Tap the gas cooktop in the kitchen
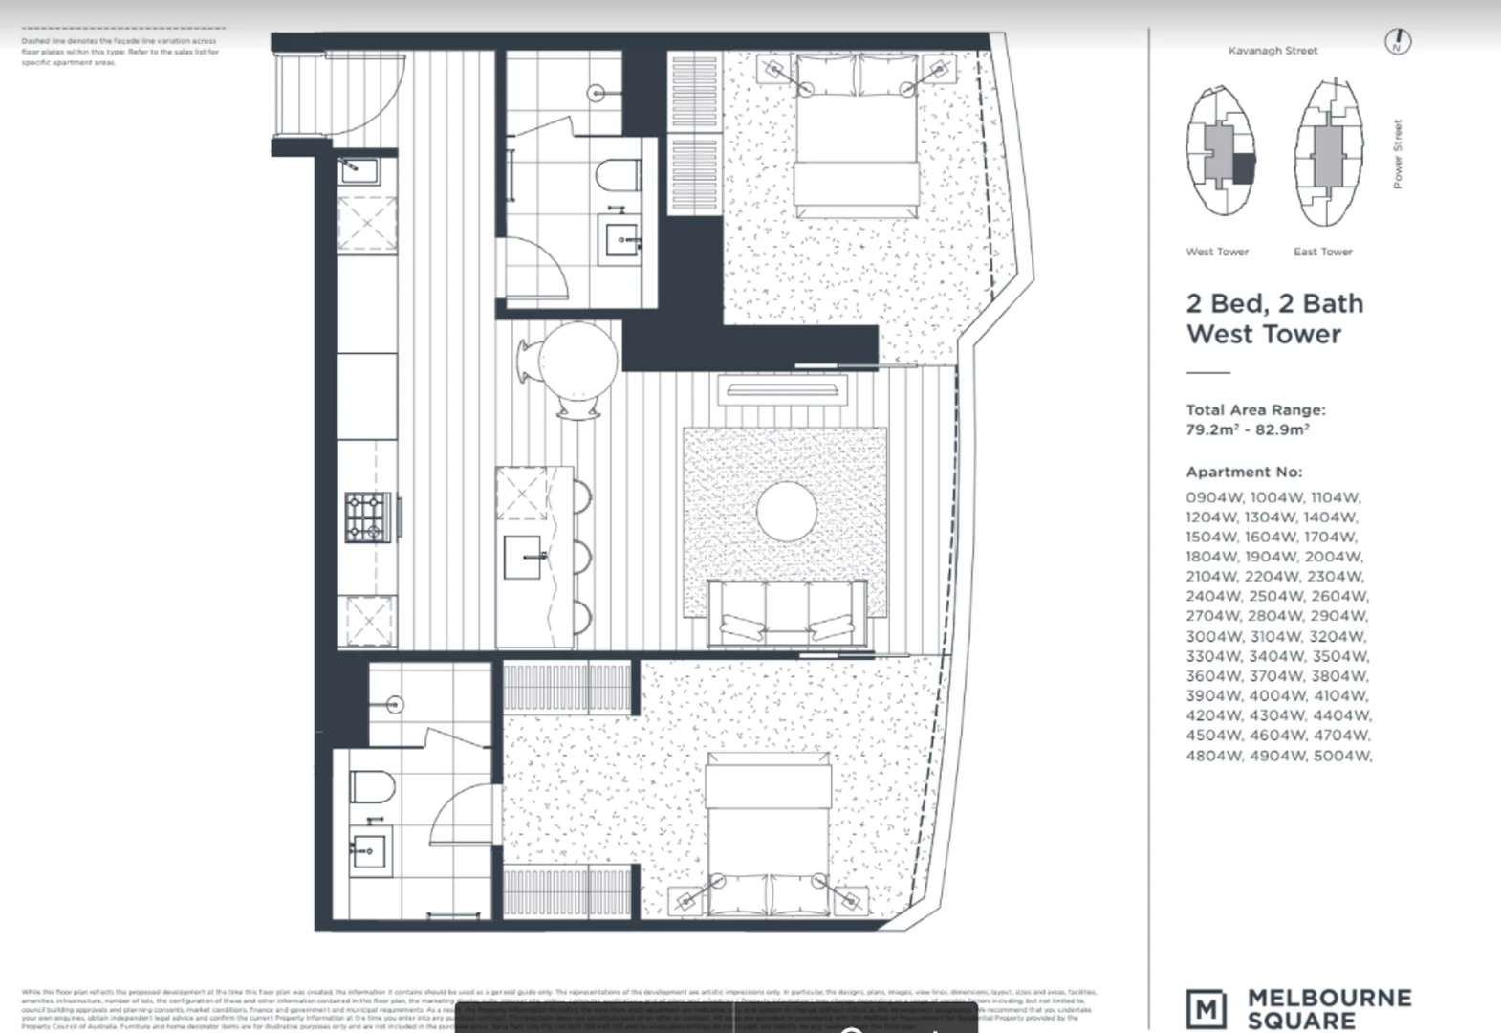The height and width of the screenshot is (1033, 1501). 365,517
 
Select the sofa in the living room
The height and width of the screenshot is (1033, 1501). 787,612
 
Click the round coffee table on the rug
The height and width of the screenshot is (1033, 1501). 787,512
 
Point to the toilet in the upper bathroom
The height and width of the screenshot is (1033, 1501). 618,177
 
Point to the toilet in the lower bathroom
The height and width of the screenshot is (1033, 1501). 372,787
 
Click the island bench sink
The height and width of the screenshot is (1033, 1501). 525,558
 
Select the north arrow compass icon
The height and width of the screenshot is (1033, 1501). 1398,42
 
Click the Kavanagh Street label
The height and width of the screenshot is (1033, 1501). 1273,51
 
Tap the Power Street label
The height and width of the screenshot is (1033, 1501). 1398,154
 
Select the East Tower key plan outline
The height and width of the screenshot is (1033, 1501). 1327,153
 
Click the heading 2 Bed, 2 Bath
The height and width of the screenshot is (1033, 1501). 1274,304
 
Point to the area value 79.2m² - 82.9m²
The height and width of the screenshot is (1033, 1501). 1247,430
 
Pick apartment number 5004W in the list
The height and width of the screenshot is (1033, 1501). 1341,756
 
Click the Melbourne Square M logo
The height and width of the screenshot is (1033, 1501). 1206,1009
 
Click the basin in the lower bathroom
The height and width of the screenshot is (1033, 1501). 368,849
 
